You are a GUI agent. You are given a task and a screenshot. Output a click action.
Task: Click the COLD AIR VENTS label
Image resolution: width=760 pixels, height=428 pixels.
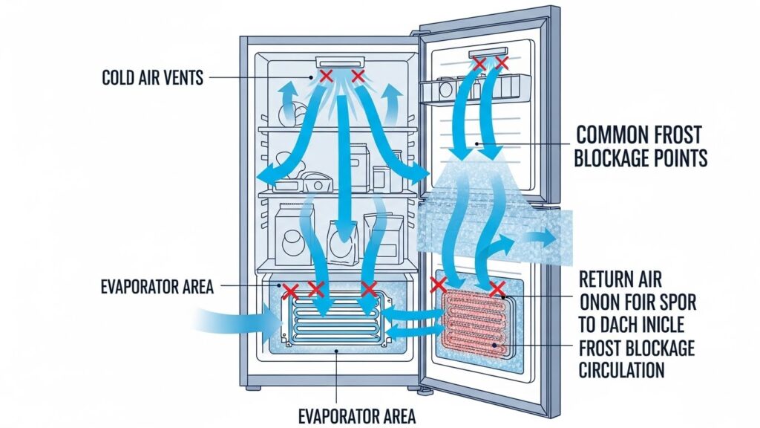coord(152,77)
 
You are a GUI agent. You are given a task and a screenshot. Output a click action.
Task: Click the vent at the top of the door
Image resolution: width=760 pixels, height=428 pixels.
coord(491,55)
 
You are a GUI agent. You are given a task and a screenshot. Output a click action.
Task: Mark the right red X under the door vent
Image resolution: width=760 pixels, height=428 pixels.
coord(502,64)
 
